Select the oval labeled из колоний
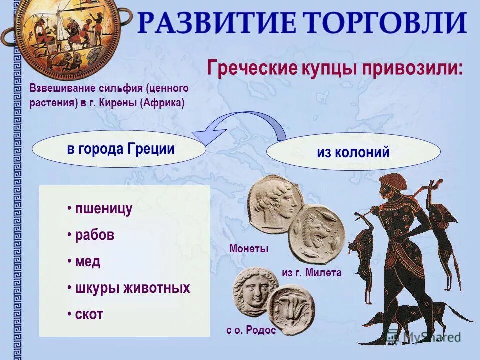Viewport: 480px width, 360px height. click(x=353, y=152)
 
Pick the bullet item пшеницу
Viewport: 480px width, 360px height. click(x=103, y=209)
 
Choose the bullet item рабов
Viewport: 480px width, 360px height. click(x=94, y=235)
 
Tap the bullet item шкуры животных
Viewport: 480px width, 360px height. click(x=132, y=288)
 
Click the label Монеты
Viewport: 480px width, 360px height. click(x=249, y=248)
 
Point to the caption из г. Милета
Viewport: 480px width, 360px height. click(x=311, y=272)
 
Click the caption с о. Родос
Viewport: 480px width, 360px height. click(x=251, y=330)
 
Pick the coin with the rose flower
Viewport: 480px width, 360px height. click(x=291, y=309)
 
